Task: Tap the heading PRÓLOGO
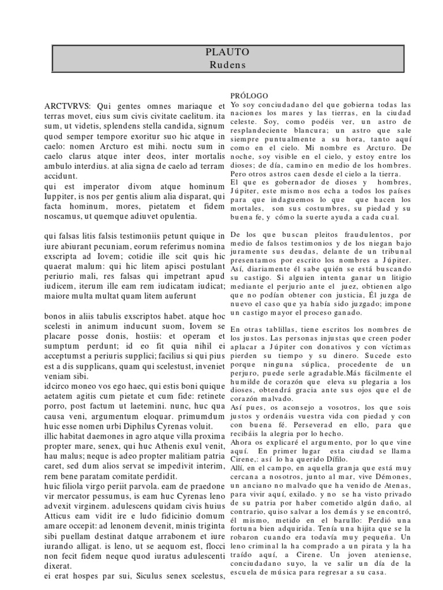(x=249, y=96)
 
